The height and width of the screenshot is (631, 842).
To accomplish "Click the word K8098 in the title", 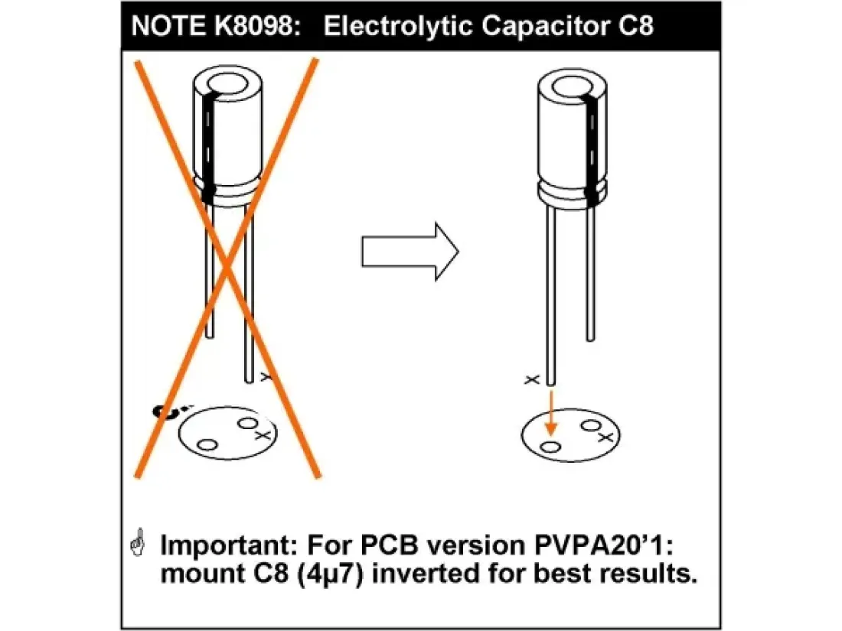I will coord(258,25).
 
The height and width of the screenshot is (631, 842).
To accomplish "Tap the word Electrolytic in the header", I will coord(390,25).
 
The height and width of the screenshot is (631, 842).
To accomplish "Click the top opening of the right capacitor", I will coord(574,83).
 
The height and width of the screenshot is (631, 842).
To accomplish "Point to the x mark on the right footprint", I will coord(605,436).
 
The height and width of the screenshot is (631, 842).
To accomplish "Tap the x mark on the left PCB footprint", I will coord(263,434).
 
